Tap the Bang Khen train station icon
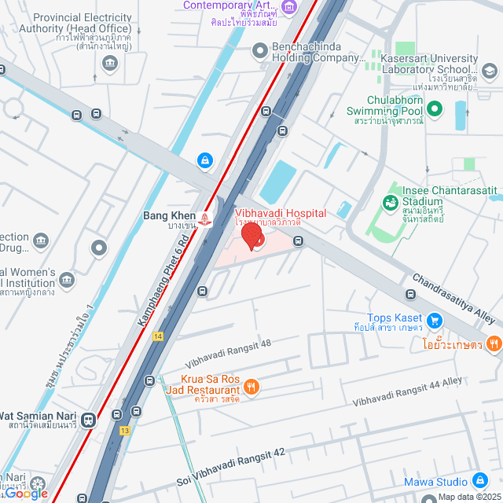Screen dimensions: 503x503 [x=205, y=218]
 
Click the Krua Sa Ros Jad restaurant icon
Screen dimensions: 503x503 [x=251, y=386]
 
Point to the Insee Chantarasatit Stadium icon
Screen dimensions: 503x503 [x=390, y=203]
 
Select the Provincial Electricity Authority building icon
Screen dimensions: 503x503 [x=109, y=62]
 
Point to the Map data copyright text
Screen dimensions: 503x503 [x=468, y=497]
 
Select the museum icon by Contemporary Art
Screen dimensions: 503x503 [x=288, y=8]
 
